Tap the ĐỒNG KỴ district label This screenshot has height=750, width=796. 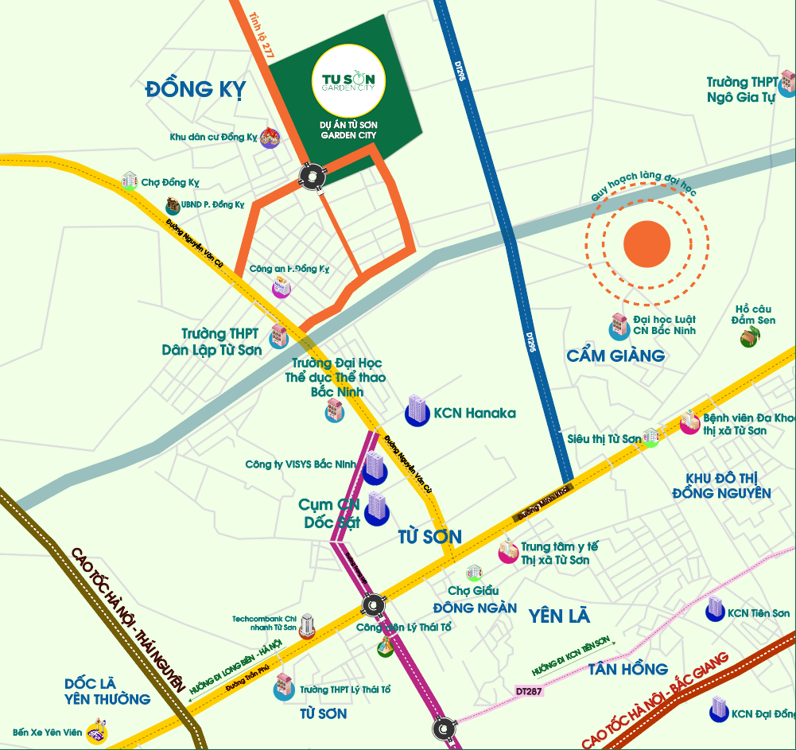coord(196,89)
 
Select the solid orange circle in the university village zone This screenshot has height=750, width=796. coord(647,243)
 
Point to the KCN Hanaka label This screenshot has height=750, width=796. coord(475,413)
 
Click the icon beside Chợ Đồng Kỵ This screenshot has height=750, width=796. coord(130,181)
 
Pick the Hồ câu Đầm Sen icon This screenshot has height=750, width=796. coord(748,337)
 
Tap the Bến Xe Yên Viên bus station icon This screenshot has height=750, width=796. coord(97,729)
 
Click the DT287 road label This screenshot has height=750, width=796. coord(530,691)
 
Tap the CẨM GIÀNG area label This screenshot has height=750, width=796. coord(615,356)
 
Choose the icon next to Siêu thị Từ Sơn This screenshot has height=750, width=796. coord(651,437)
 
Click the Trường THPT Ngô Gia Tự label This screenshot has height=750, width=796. coord(741,90)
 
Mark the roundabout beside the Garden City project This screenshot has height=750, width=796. coord(313,176)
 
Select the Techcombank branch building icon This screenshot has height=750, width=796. coord(307,626)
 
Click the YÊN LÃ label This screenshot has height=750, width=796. coord(561,615)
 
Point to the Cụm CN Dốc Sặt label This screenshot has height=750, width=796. coord(331,514)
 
